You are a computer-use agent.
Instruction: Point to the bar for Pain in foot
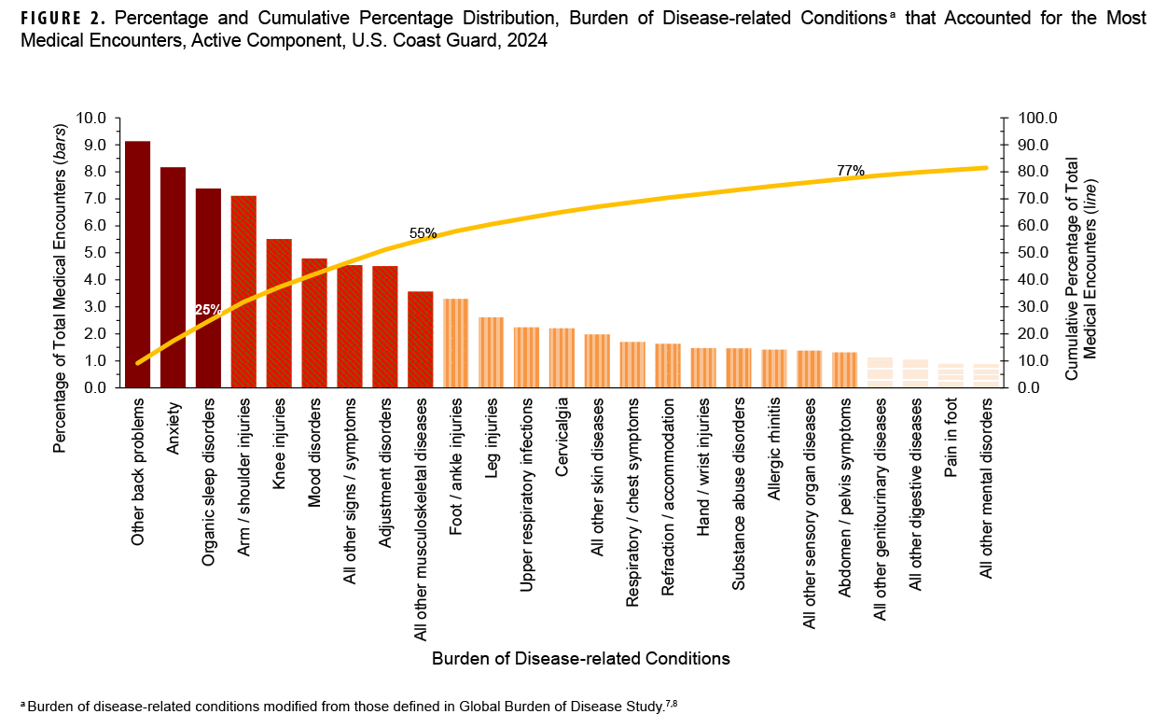pos(951,375)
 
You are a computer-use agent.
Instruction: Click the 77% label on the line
pos(850,171)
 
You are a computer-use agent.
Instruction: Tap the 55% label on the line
pos(423,233)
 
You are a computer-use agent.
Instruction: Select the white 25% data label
pos(208,309)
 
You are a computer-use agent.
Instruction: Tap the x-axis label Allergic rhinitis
pos(774,450)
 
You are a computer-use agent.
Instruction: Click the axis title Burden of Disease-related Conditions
pos(580,658)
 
